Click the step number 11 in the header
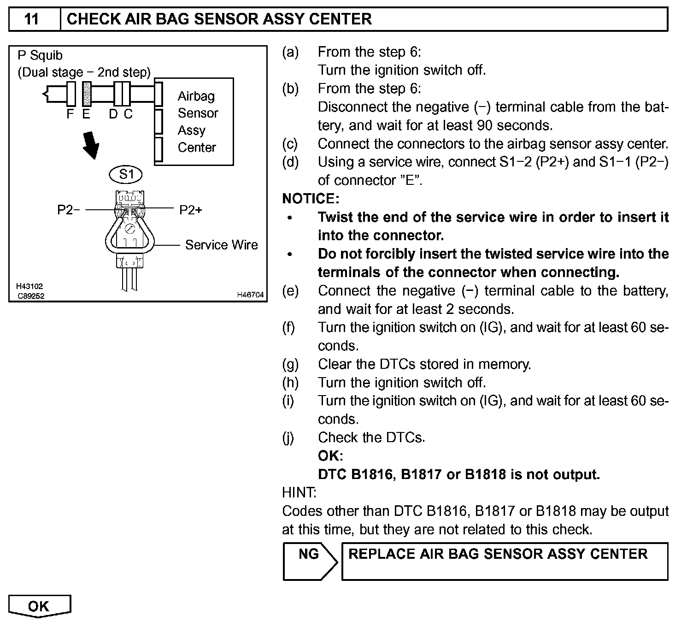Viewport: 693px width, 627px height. click(31, 19)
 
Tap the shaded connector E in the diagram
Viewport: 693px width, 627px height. click(86, 95)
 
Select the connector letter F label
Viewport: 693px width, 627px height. click(70, 114)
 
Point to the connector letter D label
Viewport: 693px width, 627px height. click(113, 114)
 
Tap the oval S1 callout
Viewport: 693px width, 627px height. click(126, 174)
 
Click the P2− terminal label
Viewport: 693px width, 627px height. click(68, 210)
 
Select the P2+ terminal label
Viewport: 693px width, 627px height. click(190, 210)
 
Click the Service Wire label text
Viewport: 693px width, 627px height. click(221, 245)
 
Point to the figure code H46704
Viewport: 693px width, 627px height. click(250, 295)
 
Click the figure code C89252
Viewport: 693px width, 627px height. click(31, 296)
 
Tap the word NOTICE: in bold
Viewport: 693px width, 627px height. click(310, 199)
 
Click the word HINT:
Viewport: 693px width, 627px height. click(299, 493)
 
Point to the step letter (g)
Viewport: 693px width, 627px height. click(290, 364)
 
